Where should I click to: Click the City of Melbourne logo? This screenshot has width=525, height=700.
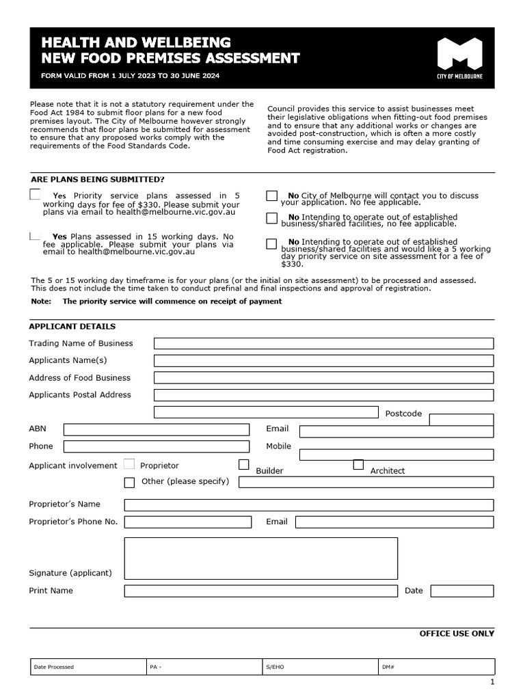coord(459,58)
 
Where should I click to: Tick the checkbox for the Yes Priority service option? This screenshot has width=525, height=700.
coord(35,195)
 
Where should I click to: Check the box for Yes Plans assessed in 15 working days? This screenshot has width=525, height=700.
coord(34,236)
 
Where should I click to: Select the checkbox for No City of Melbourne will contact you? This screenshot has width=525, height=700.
coord(271,196)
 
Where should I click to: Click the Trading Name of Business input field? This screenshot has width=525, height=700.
coord(323,343)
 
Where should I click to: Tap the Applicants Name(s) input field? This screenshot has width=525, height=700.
coord(323,360)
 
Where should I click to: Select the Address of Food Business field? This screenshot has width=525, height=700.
coord(323,377)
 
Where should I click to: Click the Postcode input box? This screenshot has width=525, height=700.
coord(461,419)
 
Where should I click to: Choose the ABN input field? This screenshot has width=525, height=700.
coord(157,429)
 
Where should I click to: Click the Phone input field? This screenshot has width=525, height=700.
coord(157,446)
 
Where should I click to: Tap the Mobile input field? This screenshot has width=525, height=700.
coord(396,455)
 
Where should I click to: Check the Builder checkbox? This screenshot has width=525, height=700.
coord(244,465)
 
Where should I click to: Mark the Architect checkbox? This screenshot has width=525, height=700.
coord(358,465)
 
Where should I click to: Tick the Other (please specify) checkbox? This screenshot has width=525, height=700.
coord(129,483)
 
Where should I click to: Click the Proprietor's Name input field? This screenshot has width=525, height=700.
coord(308,505)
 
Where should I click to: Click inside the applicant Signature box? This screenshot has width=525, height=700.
coord(260,558)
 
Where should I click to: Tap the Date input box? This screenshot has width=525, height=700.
coord(461,591)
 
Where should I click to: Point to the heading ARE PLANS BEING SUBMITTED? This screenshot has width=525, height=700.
coord(98,179)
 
